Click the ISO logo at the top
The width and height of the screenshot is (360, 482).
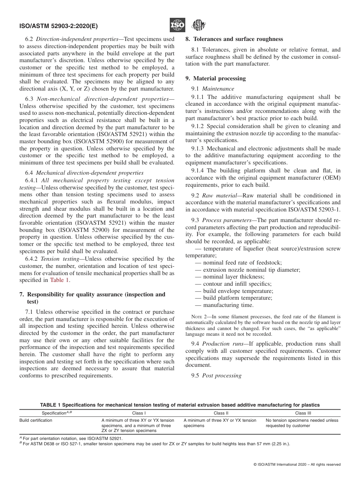coord(177,25)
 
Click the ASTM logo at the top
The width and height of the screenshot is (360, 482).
coord(198,25)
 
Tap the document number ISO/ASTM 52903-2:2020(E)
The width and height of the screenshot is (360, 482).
coord(58,26)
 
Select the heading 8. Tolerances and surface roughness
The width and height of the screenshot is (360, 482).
coord(234,39)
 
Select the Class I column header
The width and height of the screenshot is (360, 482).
coord(139,413)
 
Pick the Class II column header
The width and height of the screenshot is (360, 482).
coord(221,413)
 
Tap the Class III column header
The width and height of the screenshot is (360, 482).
coord(303,413)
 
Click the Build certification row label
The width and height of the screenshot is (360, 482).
coord(36,420)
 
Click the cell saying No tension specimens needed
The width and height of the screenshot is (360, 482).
coord(302,423)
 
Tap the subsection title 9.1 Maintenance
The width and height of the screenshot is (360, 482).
coord(213,89)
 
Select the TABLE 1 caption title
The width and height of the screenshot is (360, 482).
coord(180,405)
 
